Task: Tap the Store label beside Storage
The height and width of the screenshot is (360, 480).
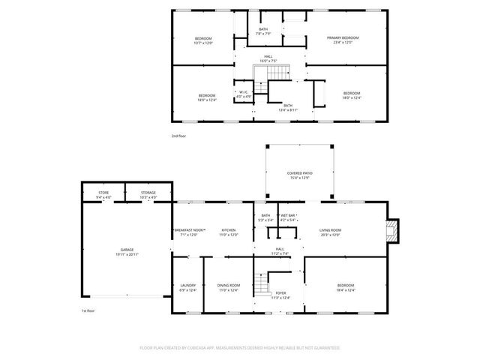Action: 104,193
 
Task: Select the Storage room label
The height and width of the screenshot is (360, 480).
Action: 148,193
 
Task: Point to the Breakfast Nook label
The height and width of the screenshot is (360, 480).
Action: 188,229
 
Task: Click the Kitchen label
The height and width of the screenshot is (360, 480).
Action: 229,229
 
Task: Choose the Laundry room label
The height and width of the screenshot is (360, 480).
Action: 188,285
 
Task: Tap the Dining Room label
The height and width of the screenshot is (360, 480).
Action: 229,285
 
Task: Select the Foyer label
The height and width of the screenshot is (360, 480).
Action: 280,293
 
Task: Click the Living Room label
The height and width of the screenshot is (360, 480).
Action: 331,229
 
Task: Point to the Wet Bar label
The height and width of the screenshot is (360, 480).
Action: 289,216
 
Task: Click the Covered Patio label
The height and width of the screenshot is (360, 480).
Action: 299,173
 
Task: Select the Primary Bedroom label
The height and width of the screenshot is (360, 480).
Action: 342,37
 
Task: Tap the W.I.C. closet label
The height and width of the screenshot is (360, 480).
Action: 244,93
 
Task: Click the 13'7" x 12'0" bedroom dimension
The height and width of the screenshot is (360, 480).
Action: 204,43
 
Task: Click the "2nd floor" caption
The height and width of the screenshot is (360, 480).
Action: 179,136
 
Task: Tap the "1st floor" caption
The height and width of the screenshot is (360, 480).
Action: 89,310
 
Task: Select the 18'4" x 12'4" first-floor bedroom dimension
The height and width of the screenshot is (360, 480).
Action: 346,289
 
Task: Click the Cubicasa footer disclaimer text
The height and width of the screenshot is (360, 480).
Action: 240,348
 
